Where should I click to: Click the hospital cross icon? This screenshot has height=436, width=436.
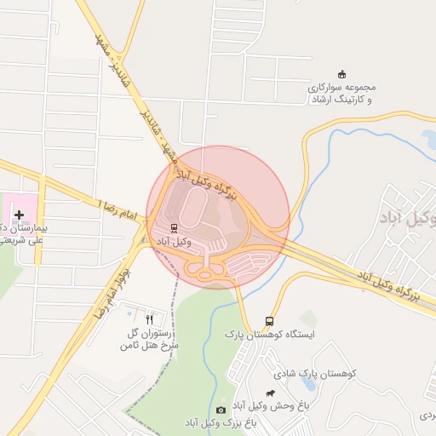click(x=19, y=215)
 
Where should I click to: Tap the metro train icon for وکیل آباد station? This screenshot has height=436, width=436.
click(x=174, y=228)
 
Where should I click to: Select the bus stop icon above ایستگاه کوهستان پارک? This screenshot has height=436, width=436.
click(x=270, y=321)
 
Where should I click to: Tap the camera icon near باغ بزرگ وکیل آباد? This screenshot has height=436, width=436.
click(x=221, y=410)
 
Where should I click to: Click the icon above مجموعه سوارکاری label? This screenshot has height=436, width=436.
click(x=342, y=73)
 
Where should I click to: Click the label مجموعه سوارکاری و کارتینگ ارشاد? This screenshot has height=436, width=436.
click(x=342, y=93)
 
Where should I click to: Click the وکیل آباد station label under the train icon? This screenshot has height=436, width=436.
click(x=174, y=243)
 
